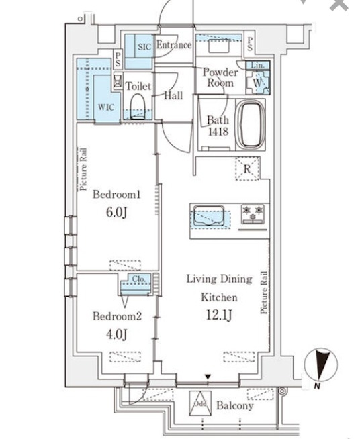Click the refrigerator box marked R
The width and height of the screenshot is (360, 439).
click(246, 169)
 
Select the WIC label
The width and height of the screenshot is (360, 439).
click(105, 107)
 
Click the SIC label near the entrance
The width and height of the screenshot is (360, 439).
click(144, 46)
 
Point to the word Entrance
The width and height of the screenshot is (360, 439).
click(174, 45)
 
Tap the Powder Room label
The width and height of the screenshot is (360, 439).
click(220, 77)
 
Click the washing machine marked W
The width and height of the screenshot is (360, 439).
click(258, 82)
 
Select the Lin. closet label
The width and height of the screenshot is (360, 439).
click(257, 66)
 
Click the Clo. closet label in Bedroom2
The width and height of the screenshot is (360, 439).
click(138, 279)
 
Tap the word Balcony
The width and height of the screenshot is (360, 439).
click(234, 406)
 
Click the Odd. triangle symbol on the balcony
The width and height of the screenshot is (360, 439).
click(200, 401)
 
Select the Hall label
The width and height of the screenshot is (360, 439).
click(173, 96)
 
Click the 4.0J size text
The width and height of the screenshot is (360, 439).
click(116, 334)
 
